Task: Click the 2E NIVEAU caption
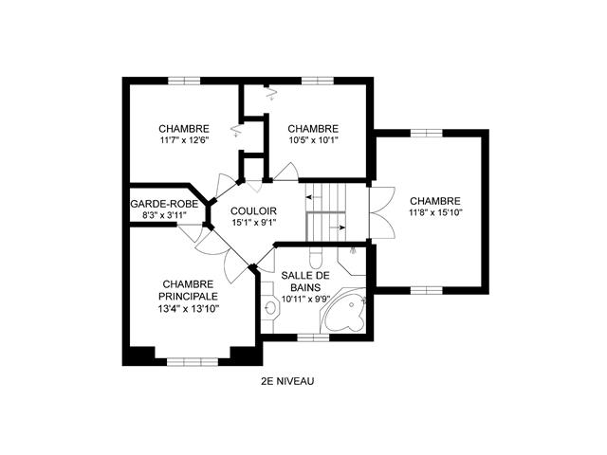click(x=287, y=381)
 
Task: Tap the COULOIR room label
click(x=253, y=211)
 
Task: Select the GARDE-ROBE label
click(x=164, y=204)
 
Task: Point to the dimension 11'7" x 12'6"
click(x=184, y=140)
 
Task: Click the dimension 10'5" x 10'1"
click(x=313, y=140)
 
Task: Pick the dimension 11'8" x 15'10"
click(x=435, y=212)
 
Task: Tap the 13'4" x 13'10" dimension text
click(x=188, y=309)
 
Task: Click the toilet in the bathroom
click(x=316, y=257)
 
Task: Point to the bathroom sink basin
click(x=270, y=308)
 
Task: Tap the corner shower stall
click(x=352, y=261)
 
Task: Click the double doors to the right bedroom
click(x=382, y=212)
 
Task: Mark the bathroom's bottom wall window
click(x=313, y=337)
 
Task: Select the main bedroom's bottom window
click(x=193, y=362)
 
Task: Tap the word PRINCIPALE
click(x=188, y=297)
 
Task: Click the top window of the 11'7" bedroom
click(x=184, y=81)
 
